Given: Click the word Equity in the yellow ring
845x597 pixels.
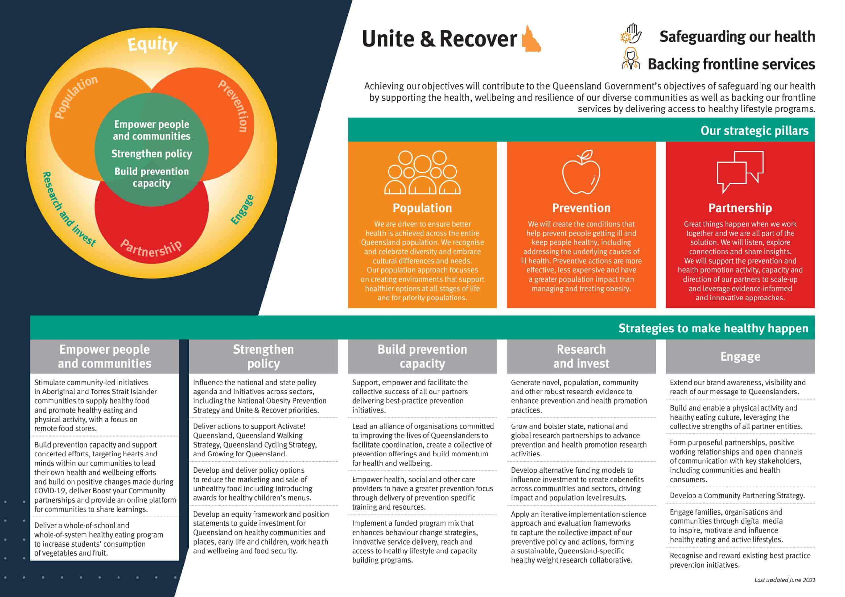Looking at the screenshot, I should (x=152, y=45).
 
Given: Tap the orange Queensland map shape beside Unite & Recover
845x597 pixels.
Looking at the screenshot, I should (x=531, y=40).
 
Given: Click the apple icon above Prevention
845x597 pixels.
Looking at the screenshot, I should (x=581, y=172).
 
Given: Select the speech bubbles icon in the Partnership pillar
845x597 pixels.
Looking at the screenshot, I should (x=740, y=172).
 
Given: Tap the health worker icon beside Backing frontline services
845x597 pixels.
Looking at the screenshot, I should (x=631, y=59).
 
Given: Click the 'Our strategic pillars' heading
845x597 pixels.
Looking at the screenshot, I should (x=754, y=131).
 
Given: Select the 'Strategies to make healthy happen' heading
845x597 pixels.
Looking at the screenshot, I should (x=713, y=328).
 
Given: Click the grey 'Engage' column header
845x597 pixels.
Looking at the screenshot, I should (x=740, y=357).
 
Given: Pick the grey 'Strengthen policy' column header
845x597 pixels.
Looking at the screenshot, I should (x=263, y=357).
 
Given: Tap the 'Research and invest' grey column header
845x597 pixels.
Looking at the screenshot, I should (x=581, y=357).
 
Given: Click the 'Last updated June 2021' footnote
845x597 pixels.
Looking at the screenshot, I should (x=784, y=580).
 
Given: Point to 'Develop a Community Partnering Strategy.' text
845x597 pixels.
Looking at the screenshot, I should (x=737, y=495).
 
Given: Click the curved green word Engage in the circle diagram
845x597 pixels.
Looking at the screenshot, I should (x=242, y=210).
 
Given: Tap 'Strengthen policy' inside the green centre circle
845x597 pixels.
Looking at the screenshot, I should (x=152, y=154).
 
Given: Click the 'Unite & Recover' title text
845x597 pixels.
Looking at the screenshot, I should (x=439, y=39).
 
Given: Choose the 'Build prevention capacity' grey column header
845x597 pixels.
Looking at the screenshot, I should (x=422, y=357).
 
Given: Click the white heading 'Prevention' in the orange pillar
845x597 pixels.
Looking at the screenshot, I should (x=581, y=208).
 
